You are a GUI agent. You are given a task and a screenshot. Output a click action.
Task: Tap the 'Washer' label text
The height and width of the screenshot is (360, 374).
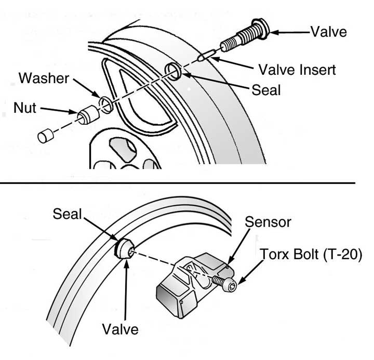[44, 79]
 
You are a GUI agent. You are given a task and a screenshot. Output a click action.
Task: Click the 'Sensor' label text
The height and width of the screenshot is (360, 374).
[268, 223]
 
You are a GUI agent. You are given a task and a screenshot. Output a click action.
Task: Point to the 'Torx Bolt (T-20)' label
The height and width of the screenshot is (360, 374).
[311, 256]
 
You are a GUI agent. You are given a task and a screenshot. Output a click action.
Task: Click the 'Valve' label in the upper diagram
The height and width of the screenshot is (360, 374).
[328, 32]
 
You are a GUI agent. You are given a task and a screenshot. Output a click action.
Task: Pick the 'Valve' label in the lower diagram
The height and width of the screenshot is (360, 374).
[120, 329]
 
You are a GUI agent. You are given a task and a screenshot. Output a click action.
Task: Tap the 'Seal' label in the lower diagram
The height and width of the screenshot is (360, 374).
[68, 214]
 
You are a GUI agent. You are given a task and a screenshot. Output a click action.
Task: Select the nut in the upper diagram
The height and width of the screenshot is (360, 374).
[87, 116]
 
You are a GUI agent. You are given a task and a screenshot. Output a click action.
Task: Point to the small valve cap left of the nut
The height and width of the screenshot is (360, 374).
[45, 136]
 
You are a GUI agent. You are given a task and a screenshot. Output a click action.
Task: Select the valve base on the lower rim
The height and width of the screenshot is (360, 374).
[125, 249]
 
